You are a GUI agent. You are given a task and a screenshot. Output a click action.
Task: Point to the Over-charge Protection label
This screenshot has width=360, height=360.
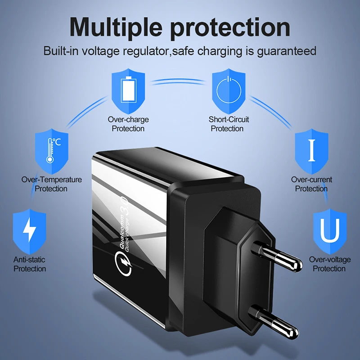pyautogui.click(x=128, y=124)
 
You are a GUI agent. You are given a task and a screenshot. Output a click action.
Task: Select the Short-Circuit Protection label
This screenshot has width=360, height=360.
pyautogui.click(x=229, y=124)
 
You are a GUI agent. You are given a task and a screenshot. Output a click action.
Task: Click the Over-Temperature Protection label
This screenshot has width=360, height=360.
pyautogui.click(x=52, y=184)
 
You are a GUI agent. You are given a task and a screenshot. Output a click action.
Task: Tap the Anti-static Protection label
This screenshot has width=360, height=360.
pyautogui.click(x=30, y=264)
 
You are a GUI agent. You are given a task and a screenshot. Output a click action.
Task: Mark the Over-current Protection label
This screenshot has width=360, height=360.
pyautogui.click(x=311, y=184)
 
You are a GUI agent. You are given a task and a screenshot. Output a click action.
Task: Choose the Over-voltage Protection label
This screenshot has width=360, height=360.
pyautogui.click(x=329, y=264)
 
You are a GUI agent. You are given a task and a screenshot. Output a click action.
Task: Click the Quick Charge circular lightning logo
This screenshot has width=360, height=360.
pyautogui.click(x=123, y=261)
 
